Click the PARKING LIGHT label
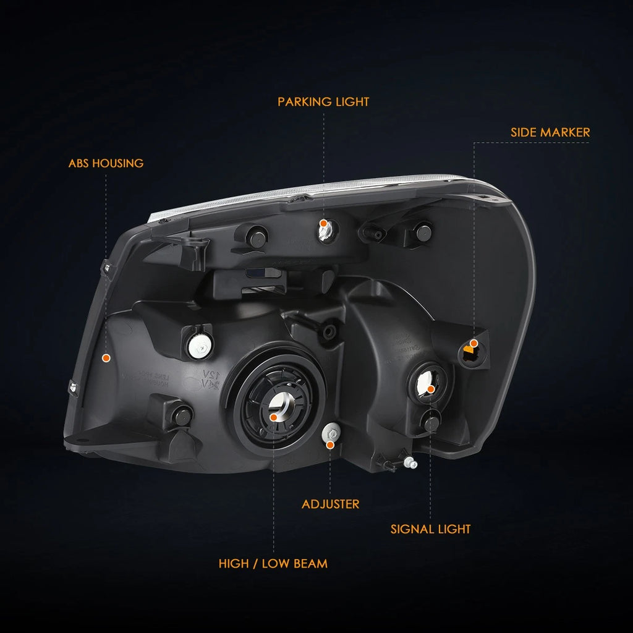pyautogui.click(x=323, y=102)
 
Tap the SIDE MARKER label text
pyautogui.click(x=550, y=132)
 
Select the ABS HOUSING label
pyautogui.click(x=106, y=163)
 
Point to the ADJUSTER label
pyautogui.click(x=330, y=504)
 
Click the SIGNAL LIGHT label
pyautogui.click(x=430, y=529)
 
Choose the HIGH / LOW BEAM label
pyautogui.click(x=273, y=564)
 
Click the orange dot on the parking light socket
pyautogui.click(x=323, y=223)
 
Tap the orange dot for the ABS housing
pyautogui.click(x=106, y=358)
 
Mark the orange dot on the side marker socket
pyautogui.click(x=474, y=343)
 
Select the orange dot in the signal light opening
pyautogui.click(x=431, y=389)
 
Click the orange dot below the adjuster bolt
pyautogui.click(x=330, y=445)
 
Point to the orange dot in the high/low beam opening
pyautogui.click(x=274, y=417)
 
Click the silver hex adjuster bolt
pyautogui.click(x=331, y=433)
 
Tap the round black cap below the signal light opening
pyautogui.click(x=431, y=423)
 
